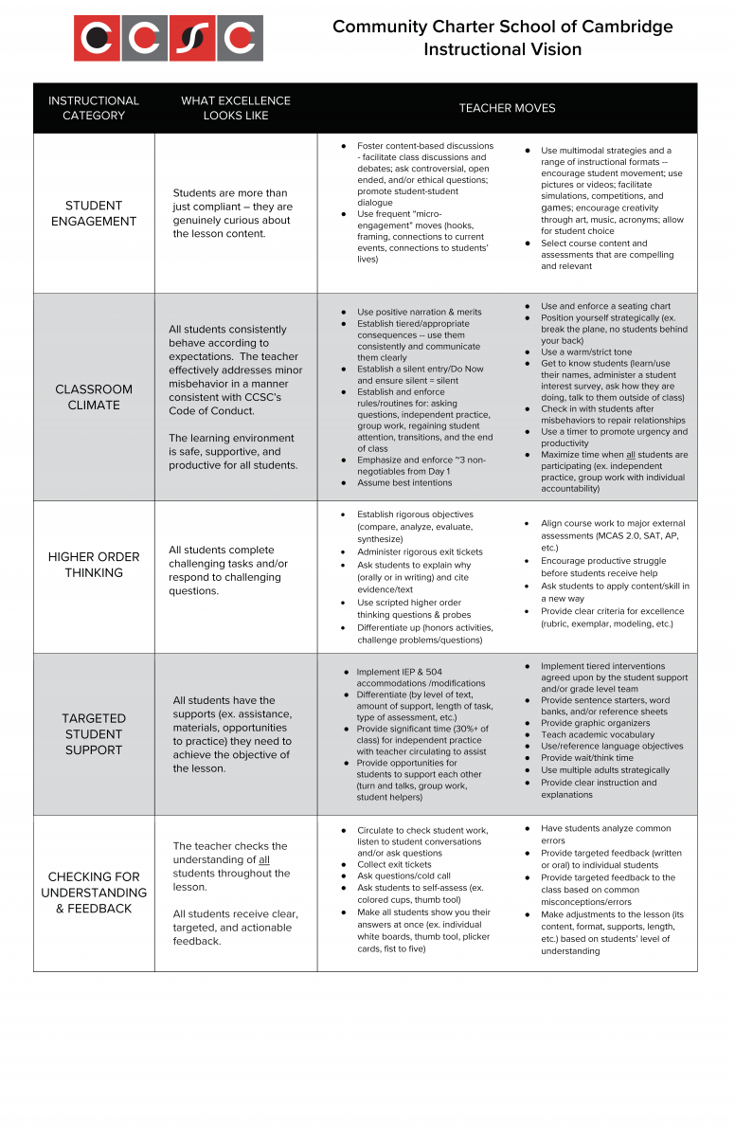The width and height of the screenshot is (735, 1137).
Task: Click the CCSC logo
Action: point(169,39)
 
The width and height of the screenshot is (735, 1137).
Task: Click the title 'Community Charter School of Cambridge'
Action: point(502,27)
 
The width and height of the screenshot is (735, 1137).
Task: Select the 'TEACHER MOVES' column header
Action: point(507,108)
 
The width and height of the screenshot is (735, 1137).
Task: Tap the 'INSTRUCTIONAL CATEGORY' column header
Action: point(94,108)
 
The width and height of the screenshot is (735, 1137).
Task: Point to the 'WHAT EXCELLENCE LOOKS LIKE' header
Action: point(236,108)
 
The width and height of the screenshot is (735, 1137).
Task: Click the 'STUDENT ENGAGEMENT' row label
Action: point(94,213)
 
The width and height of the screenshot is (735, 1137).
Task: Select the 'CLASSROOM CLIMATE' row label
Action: point(94,397)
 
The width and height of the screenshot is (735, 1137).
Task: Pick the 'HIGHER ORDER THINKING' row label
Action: point(94,565)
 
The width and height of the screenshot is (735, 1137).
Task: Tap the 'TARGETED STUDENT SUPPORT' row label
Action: point(94,734)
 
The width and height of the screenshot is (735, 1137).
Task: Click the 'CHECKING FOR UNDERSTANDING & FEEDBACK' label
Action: point(94,893)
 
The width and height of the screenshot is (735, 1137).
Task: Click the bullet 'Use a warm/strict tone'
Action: point(585,352)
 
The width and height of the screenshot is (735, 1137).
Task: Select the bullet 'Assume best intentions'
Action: point(404,483)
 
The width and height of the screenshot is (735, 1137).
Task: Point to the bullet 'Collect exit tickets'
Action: point(394,864)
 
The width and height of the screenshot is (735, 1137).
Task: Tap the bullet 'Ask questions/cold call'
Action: point(403,876)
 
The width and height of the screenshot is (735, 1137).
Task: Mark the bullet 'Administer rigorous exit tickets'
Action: point(421,552)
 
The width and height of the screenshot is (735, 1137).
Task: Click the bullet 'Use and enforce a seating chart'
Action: point(605,306)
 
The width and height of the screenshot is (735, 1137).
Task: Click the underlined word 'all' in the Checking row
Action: point(264,859)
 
